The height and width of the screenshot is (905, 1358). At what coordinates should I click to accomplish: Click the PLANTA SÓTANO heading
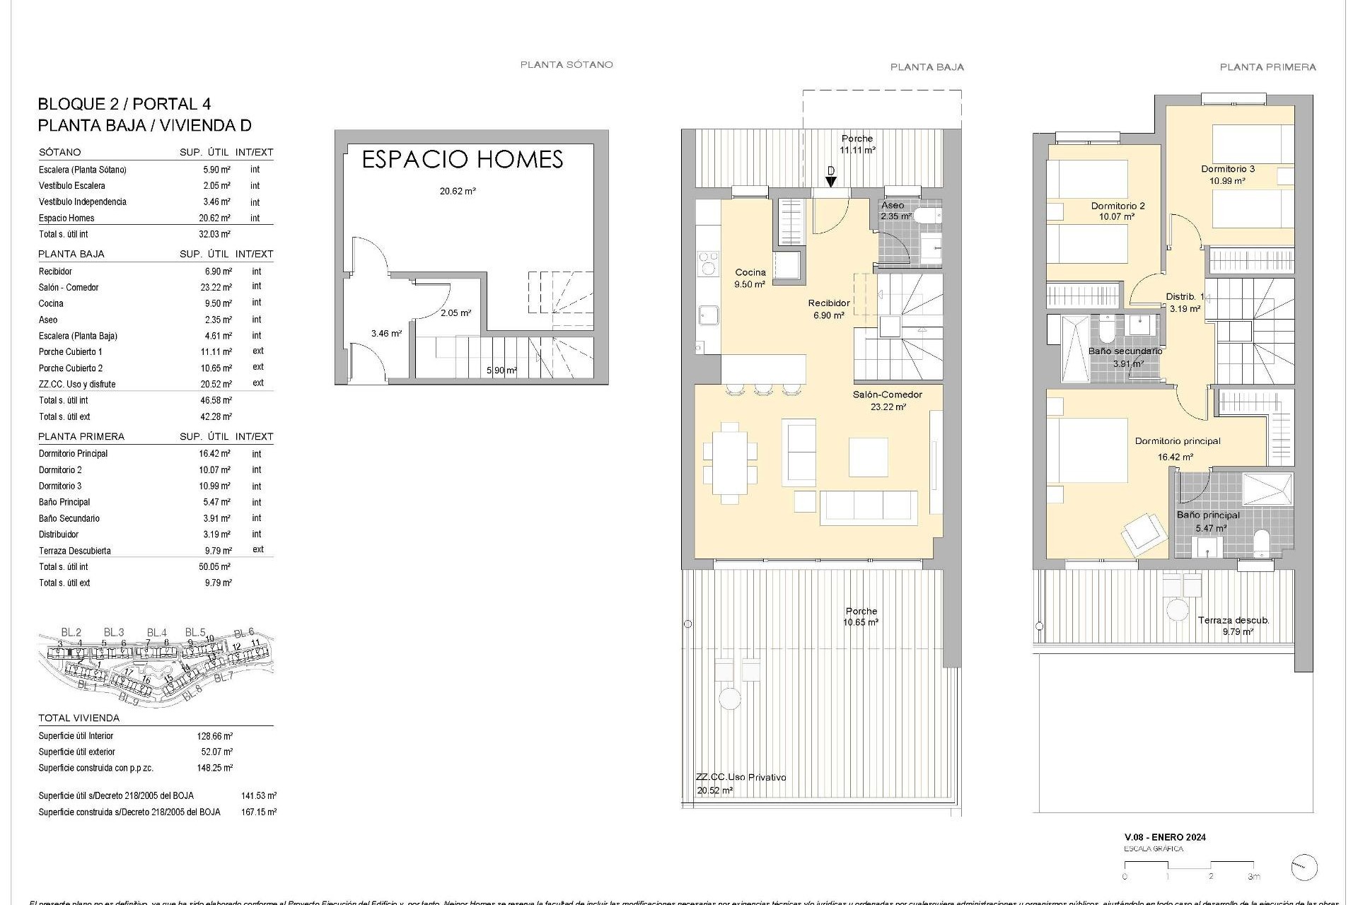coord(566,64)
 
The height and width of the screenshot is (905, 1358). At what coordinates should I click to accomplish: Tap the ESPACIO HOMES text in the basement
coord(462,159)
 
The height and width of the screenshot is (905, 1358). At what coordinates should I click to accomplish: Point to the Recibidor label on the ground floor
coord(829,303)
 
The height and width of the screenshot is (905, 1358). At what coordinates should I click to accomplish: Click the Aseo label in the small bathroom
coord(893,205)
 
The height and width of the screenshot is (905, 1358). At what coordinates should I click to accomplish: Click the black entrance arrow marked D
coord(831,181)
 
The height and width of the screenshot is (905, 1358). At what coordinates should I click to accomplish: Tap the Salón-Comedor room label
coord(888,395)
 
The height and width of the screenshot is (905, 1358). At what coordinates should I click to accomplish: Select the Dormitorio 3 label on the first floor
coord(1228,169)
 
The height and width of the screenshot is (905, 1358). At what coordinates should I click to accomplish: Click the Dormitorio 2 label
coord(1118,206)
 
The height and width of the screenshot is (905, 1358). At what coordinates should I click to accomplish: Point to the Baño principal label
coord(1208,515)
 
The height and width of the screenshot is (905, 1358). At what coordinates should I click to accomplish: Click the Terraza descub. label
coord(1234,620)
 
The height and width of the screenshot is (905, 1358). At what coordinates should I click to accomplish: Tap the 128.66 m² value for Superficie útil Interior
coord(214,736)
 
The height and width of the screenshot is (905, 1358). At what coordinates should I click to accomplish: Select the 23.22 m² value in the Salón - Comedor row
coord(216,287)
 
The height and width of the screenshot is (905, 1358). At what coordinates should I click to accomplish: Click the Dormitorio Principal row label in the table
coord(73,454)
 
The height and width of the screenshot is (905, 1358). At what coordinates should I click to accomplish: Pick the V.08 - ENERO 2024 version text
coord(1164,837)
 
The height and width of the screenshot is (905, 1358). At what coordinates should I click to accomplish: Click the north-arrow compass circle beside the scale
coord(1304,868)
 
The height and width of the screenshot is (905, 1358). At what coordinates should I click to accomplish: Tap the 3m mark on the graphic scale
coord(1254,877)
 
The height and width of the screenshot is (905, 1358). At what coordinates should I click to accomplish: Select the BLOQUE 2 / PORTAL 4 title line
coord(124,104)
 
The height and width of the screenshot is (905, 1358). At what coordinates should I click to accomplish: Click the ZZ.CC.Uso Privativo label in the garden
coord(741,777)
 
